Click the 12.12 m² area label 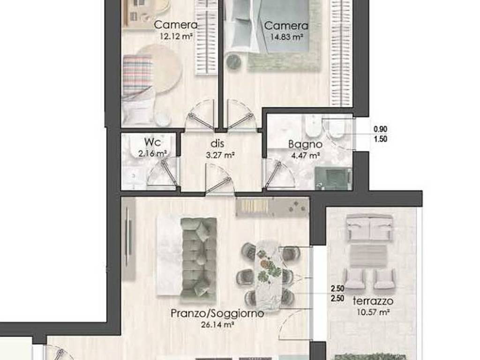point(176,37)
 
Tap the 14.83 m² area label point(287,37)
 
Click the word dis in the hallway point(217,143)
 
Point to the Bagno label point(305,144)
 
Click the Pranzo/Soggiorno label point(217,313)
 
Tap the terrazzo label point(373,301)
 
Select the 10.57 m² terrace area point(373,313)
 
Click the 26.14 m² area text point(218,325)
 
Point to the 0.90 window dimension point(381,129)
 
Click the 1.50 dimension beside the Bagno point(381,139)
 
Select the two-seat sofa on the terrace point(369,228)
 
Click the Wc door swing point(163,173)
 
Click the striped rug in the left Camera point(137,75)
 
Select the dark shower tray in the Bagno point(333,178)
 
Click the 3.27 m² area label point(220,155)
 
